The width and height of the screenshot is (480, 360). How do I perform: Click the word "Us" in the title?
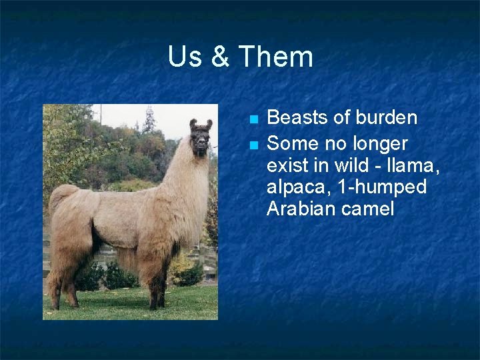185,57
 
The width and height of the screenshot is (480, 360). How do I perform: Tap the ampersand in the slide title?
219,57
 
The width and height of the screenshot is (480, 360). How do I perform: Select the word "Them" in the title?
275,57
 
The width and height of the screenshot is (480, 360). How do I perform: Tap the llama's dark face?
200,141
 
